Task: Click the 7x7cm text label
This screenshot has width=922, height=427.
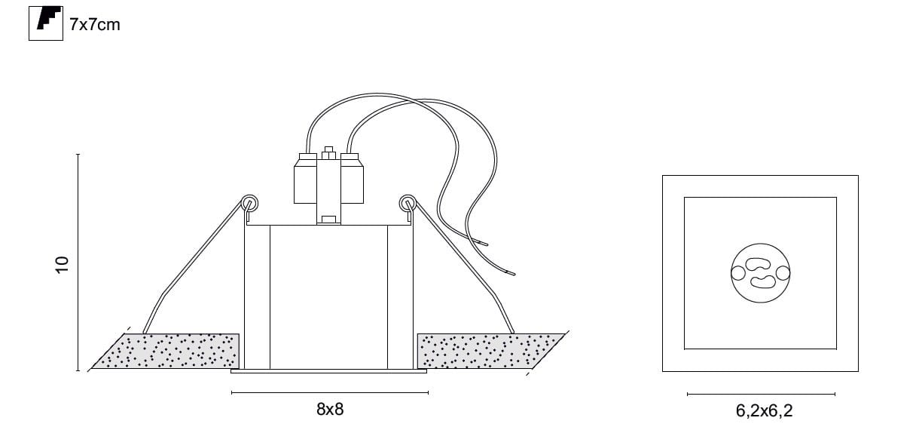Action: click(94, 24)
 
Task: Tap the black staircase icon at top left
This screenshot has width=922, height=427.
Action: click(45, 23)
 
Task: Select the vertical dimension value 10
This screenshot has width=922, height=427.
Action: click(63, 263)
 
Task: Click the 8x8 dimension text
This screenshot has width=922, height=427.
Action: click(330, 410)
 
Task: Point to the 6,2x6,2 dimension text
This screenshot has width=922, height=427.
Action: click(764, 411)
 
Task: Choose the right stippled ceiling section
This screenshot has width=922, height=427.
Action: click(487, 351)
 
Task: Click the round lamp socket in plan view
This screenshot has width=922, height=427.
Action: click(760, 273)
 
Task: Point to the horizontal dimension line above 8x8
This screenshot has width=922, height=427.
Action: click(330, 392)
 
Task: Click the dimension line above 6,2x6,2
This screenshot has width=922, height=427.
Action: click(761, 394)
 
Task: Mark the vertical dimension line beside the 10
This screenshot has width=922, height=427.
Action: click(78, 263)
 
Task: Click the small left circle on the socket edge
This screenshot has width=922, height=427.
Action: click(736, 273)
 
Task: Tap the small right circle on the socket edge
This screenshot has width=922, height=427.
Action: click(784, 273)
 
